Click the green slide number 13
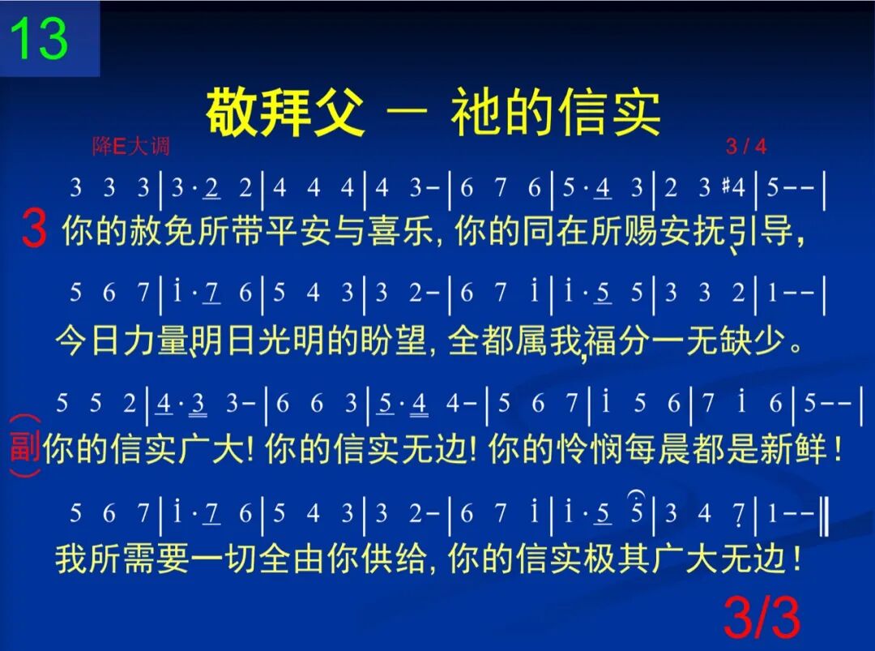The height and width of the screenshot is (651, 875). coord(39,38)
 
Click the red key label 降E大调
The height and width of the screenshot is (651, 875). coord(130,147)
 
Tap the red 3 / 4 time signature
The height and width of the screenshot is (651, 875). coord(746,147)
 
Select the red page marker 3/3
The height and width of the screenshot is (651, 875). coord(762,619)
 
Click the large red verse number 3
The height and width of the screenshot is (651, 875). coord(33,229)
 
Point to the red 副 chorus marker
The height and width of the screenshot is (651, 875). coord(24,447)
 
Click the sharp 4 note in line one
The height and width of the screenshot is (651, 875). coord(733,187)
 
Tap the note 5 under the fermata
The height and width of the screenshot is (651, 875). coord(637,512)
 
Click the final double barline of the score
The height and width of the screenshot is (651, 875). coord(825,512)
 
